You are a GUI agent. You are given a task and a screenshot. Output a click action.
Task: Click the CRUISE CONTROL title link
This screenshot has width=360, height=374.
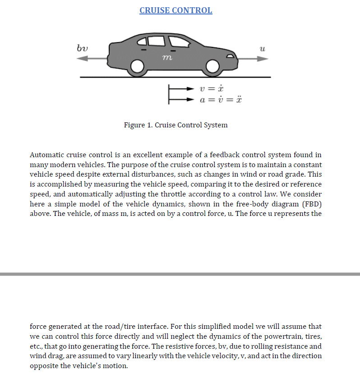175,10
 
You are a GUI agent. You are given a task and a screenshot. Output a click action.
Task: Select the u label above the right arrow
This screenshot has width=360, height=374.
262,47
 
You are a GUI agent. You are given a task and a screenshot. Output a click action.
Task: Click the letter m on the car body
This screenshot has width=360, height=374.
166,58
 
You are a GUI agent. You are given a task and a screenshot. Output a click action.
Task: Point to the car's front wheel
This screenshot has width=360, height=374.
212,68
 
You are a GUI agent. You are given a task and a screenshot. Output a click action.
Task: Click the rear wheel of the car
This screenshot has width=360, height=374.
136,68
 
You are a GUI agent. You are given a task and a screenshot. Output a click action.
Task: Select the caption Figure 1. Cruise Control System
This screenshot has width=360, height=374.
175,125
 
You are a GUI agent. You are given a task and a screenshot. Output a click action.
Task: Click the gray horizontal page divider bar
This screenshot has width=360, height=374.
180,274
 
